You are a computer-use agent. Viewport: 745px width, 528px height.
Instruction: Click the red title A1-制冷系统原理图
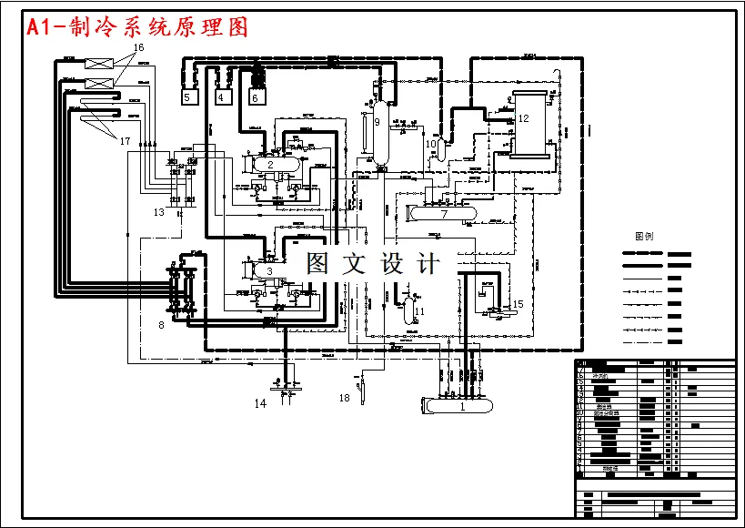(x=137, y=27)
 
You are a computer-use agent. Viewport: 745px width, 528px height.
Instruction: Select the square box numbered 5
(x=189, y=96)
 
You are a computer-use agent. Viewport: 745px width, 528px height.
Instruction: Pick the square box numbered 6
(x=256, y=96)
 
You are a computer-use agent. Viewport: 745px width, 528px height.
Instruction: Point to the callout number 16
(x=138, y=46)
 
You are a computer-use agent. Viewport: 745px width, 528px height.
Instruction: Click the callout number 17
(x=125, y=140)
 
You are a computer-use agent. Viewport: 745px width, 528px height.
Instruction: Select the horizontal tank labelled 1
(x=462, y=406)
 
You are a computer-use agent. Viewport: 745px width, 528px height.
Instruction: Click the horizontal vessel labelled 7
(x=444, y=215)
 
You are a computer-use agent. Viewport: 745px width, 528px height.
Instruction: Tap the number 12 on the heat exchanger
(x=523, y=118)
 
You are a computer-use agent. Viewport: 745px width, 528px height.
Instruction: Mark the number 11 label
(x=418, y=311)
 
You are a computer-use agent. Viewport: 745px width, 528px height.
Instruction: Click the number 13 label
(x=159, y=212)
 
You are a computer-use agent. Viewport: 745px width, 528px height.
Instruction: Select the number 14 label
(x=260, y=403)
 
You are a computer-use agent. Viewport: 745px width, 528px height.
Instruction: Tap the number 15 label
(x=518, y=304)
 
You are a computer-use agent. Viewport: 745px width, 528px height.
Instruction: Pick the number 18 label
(x=344, y=398)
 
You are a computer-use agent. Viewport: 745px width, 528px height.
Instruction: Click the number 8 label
(x=161, y=324)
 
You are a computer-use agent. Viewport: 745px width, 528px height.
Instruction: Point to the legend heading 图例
(x=643, y=235)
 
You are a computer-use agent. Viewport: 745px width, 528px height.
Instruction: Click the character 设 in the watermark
(x=390, y=264)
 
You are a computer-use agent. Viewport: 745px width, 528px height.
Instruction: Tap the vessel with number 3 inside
(x=269, y=270)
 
